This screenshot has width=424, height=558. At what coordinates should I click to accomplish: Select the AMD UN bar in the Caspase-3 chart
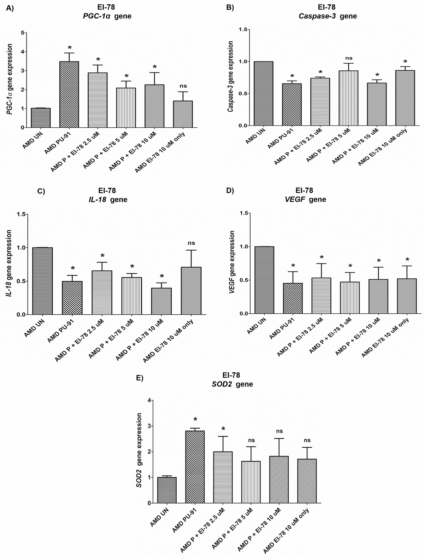pyautogui.click(x=263, y=94)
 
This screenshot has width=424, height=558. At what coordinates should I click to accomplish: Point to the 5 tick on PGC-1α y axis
pyautogui.click(x=23, y=33)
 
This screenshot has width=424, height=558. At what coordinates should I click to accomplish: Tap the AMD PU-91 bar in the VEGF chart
pyautogui.click(x=293, y=298)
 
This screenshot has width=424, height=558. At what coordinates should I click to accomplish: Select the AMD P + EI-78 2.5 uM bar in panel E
pyautogui.click(x=223, y=477)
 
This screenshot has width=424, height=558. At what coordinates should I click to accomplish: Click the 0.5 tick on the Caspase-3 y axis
pyautogui.click(x=242, y=94)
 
